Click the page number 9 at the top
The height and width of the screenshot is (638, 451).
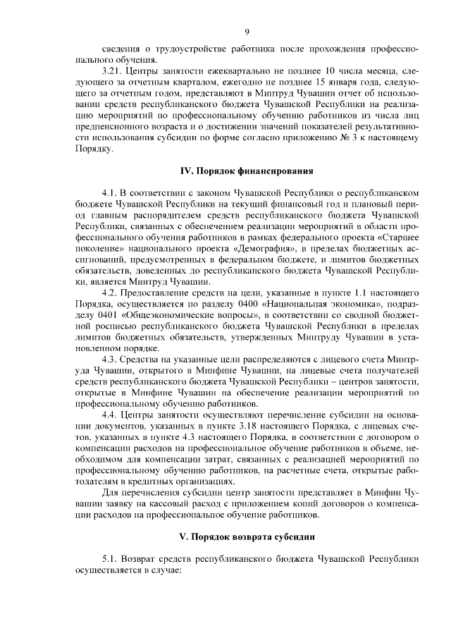tap(247, 31)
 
